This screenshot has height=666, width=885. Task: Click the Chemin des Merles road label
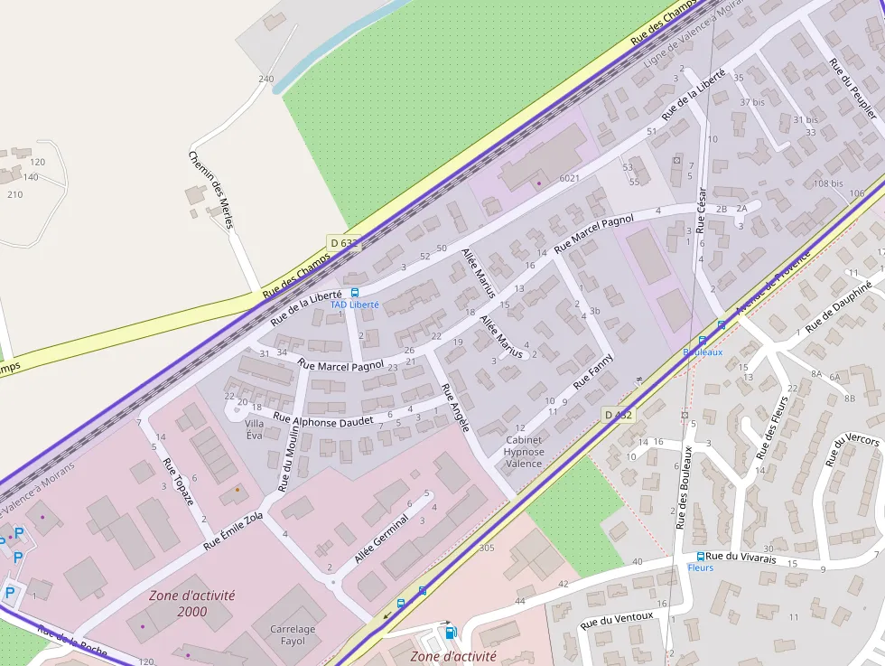(211, 189)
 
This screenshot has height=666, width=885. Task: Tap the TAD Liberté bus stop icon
(355, 293)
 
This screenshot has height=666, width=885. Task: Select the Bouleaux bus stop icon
(703, 340)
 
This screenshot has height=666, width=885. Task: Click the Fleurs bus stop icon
(700, 557)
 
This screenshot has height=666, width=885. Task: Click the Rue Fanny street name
(593, 371)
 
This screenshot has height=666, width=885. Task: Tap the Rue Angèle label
(455, 407)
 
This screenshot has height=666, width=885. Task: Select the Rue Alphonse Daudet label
(322, 419)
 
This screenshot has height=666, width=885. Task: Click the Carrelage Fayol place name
(293, 635)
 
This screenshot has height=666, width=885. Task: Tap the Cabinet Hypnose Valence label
(524, 452)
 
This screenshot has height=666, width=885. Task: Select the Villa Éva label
(255, 428)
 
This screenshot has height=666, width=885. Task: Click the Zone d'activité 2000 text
(192, 604)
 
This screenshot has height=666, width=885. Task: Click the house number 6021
(569, 178)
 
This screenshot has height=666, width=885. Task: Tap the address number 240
(265, 80)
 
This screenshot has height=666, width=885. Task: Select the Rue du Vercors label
(852, 450)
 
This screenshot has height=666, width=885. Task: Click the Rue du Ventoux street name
(617, 621)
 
